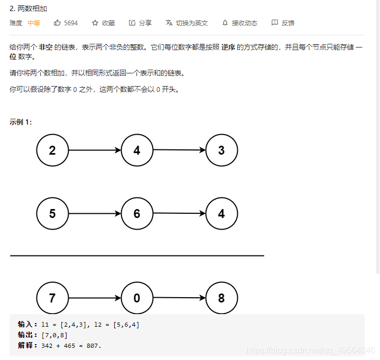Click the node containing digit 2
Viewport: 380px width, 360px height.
[x=52, y=150]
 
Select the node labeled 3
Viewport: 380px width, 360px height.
[x=221, y=150]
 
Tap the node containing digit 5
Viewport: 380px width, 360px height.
[x=52, y=214]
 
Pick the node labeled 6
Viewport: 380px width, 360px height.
[x=137, y=214]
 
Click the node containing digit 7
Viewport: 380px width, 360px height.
[x=52, y=298]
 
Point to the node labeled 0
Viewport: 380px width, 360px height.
[x=137, y=298]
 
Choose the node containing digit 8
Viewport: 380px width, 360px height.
[x=221, y=298]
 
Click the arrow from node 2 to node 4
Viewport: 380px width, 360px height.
[x=95, y=150]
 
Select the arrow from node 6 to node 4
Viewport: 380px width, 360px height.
[x=179, y=213]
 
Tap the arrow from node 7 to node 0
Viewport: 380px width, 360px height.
[x=95, y=298]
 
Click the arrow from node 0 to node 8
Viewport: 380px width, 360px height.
[x=179, y=298]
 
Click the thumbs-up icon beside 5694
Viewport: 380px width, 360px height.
[x=58, y=23]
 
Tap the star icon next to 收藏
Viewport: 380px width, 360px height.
[x=95, y=23]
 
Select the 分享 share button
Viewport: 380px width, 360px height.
[x=140, y=23]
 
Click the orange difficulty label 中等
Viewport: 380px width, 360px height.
[x=34, y=23]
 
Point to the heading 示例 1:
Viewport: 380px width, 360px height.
[x=21, y=122]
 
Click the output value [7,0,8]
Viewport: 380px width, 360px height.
[x=54, y=335]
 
